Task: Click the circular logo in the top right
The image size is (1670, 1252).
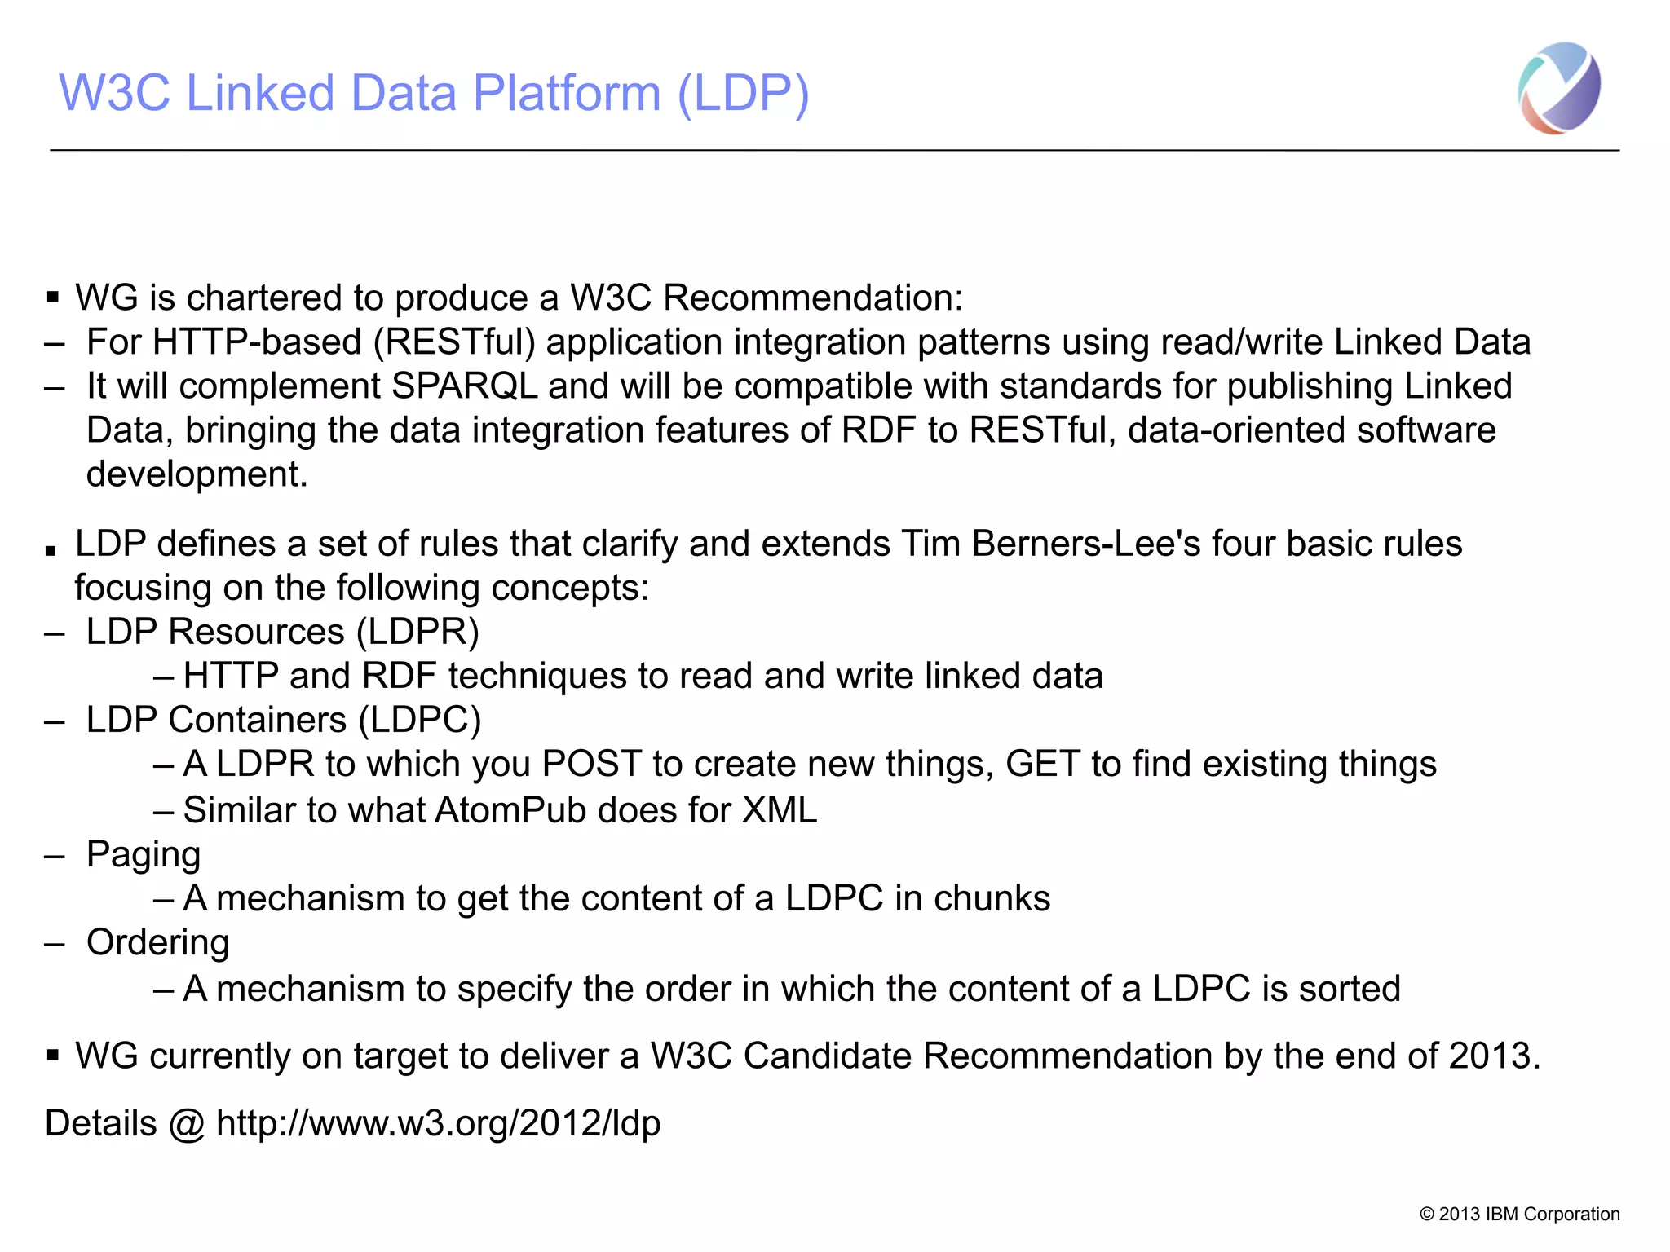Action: pos(1558,88)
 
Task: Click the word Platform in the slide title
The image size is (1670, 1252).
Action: pos(566,93)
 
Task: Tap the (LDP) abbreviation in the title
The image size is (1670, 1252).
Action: pos(743,93)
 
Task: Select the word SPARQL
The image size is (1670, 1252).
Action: pos(464,386)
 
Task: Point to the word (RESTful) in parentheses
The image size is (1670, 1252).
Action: pos(454,342)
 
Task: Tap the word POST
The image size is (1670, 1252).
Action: pos(592,764)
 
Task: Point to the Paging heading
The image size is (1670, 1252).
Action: pos(144,854)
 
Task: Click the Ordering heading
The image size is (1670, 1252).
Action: pos(157,942)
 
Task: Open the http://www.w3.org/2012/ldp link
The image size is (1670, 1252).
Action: pos(438,1123)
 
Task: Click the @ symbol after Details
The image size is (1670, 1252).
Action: pos(187,1124)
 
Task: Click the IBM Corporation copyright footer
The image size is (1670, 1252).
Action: pos(1519,1214)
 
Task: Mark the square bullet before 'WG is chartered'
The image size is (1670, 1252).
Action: pos(53,298)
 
